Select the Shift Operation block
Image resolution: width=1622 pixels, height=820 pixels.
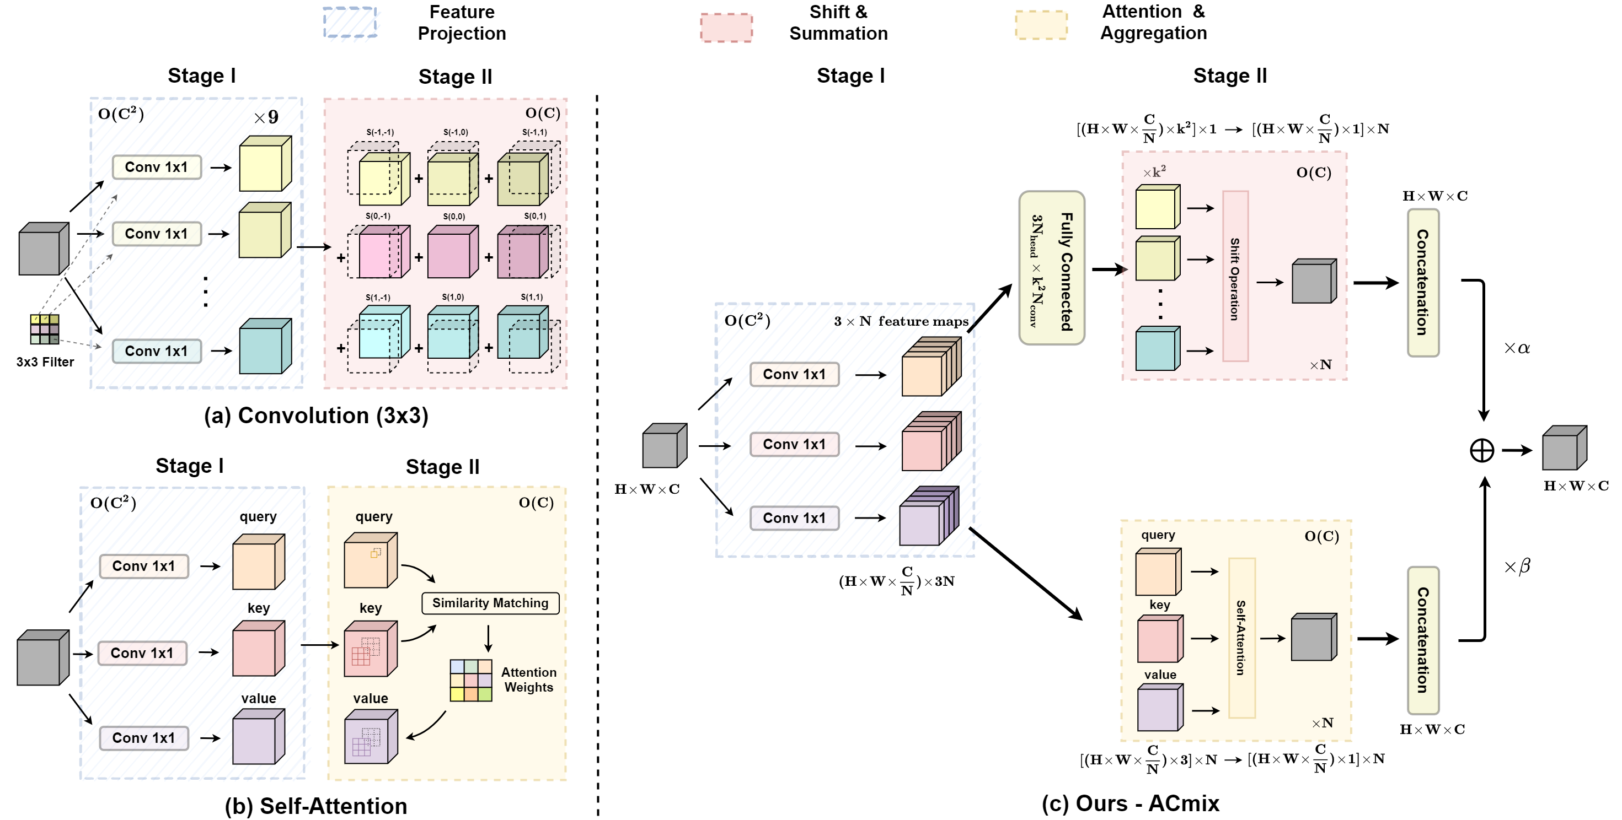point(1235,276)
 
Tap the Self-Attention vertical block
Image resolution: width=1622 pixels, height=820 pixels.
point(1241,638)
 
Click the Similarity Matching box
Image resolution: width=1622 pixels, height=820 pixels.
point(490,603)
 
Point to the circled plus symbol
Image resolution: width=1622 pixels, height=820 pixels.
point(1481,451)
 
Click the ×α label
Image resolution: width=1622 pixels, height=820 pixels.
point(1516,348)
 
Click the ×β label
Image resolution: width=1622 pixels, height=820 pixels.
point(1516,567)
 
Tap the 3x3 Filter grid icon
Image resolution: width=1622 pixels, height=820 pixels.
point(45,329)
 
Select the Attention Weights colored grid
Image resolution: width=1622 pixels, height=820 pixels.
point(470,680)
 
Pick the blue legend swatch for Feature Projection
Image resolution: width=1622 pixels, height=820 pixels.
point(350,23)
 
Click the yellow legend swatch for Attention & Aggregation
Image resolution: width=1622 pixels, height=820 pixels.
point(1041,25)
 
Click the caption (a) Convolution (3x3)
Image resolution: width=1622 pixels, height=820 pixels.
point(315,416)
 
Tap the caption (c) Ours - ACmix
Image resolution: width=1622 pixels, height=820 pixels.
point(1130,803)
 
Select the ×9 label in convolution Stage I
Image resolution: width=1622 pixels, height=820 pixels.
point(266,117)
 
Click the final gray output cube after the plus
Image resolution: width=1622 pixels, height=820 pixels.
point(1564,449)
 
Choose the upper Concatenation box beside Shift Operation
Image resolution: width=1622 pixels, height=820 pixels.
point(1422,283)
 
